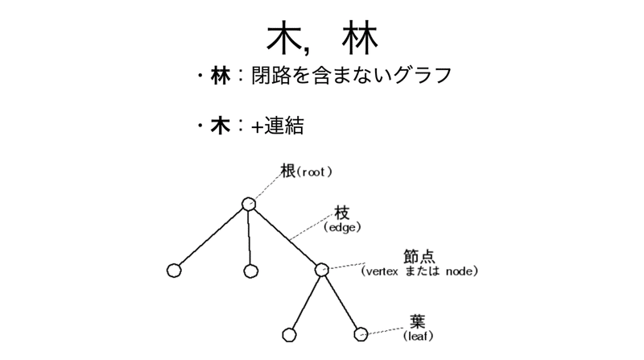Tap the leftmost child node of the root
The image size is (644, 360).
pos(173,271)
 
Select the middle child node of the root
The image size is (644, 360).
pos(250,271)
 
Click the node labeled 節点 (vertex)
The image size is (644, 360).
pos(321,271)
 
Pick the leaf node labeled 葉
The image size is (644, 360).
pos(361,332)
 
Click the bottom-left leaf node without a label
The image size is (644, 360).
pos(289,332)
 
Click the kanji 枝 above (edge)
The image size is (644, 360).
pos(342,213)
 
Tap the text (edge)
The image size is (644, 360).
pos(342,228)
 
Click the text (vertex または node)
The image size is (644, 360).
pos(420,271)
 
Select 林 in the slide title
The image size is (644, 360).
pos(358,37)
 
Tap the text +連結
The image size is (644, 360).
pos(277,127)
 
